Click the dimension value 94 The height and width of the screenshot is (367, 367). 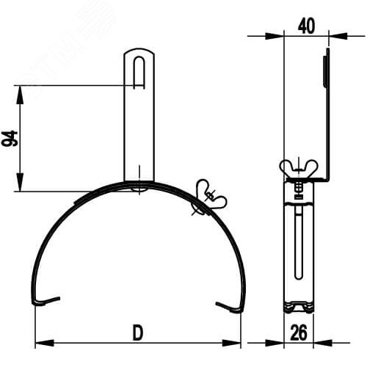(10, 139)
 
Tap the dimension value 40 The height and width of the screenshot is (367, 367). (306, 26)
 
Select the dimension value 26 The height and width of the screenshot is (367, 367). (299, 333)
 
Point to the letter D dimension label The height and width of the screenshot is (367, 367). (138, 333)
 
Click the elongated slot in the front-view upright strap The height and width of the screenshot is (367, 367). (139, 72)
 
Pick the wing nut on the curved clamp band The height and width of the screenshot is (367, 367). (211, 197)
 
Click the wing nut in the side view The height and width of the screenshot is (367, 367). (299, 167)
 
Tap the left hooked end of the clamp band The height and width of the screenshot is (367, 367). (46, 301)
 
